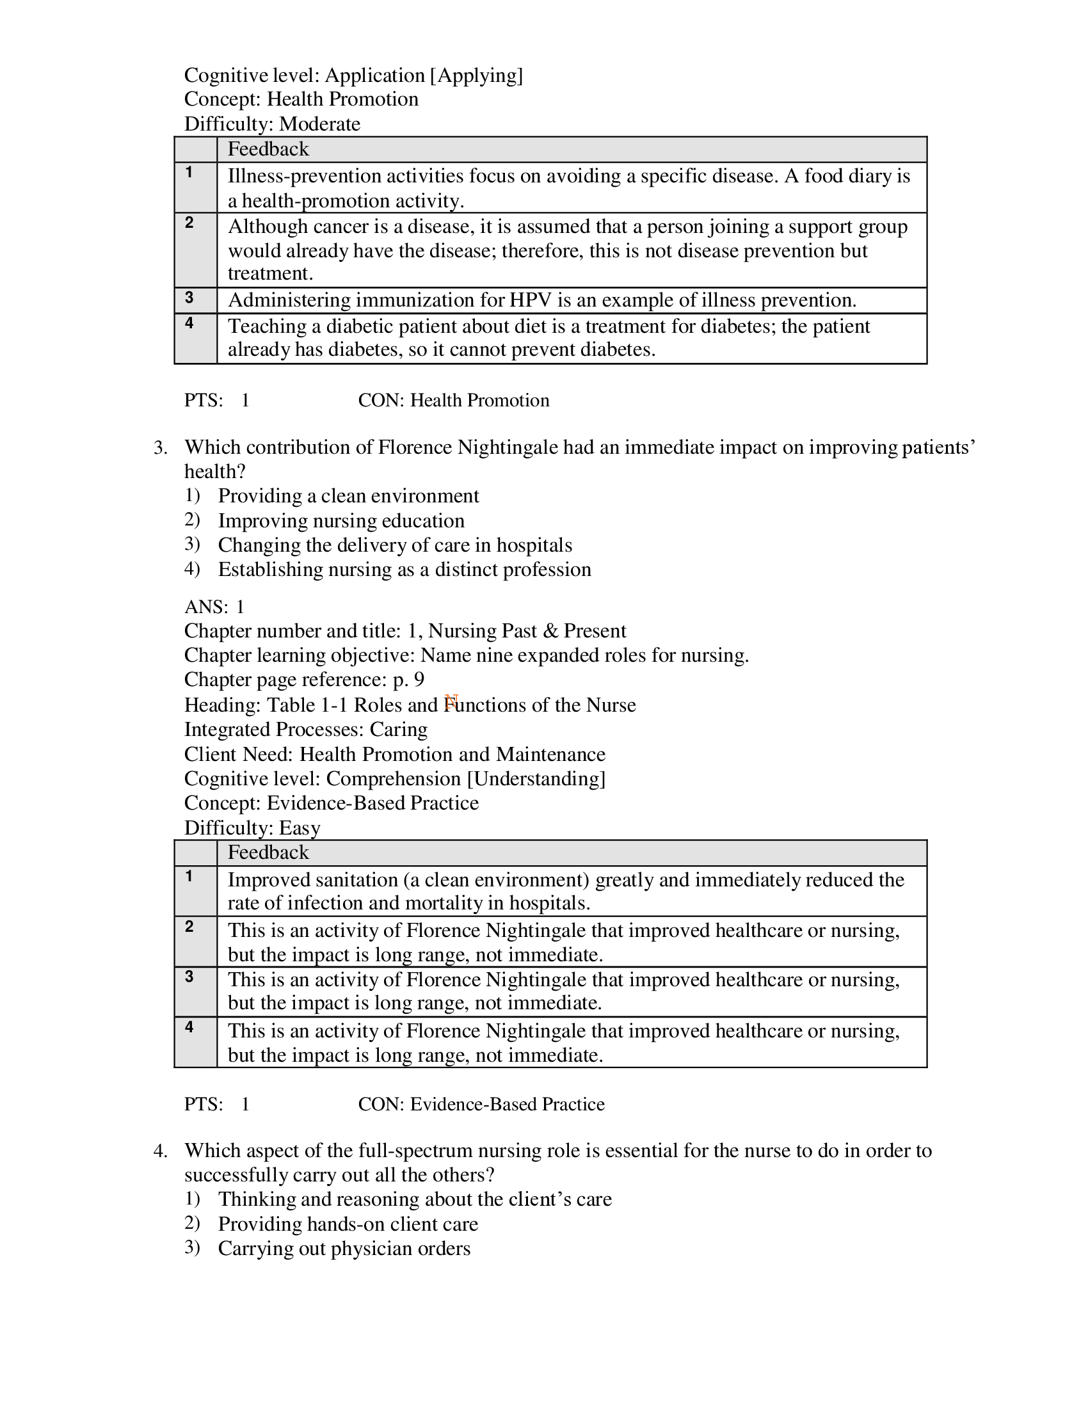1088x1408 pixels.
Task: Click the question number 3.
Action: pos(160,447)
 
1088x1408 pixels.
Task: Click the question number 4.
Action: pos(160,1151)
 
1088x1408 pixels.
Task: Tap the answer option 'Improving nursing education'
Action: pos(341,520)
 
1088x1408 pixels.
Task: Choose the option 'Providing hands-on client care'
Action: pos(348,1224)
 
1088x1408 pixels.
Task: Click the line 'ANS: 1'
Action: pos(214,607)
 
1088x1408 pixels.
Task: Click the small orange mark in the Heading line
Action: pos(451,701)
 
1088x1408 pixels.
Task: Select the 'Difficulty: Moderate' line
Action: pos(272,124)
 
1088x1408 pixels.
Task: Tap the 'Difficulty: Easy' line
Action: pos(252,828)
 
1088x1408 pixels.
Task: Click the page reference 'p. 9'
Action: pos(408,680)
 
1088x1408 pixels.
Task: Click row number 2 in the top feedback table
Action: pos(189,223)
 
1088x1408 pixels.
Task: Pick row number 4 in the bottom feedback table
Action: pos(189,1027)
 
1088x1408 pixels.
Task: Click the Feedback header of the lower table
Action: pos(268,852)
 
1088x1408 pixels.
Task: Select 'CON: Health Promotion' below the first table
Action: pos(453,401)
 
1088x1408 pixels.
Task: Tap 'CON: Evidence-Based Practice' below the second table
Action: pos(481,1105)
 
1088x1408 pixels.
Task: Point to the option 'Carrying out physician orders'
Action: pos(344,1248)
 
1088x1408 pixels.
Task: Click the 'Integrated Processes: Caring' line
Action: pos(305,729)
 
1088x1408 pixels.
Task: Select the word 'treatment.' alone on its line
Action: pos(270,273)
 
